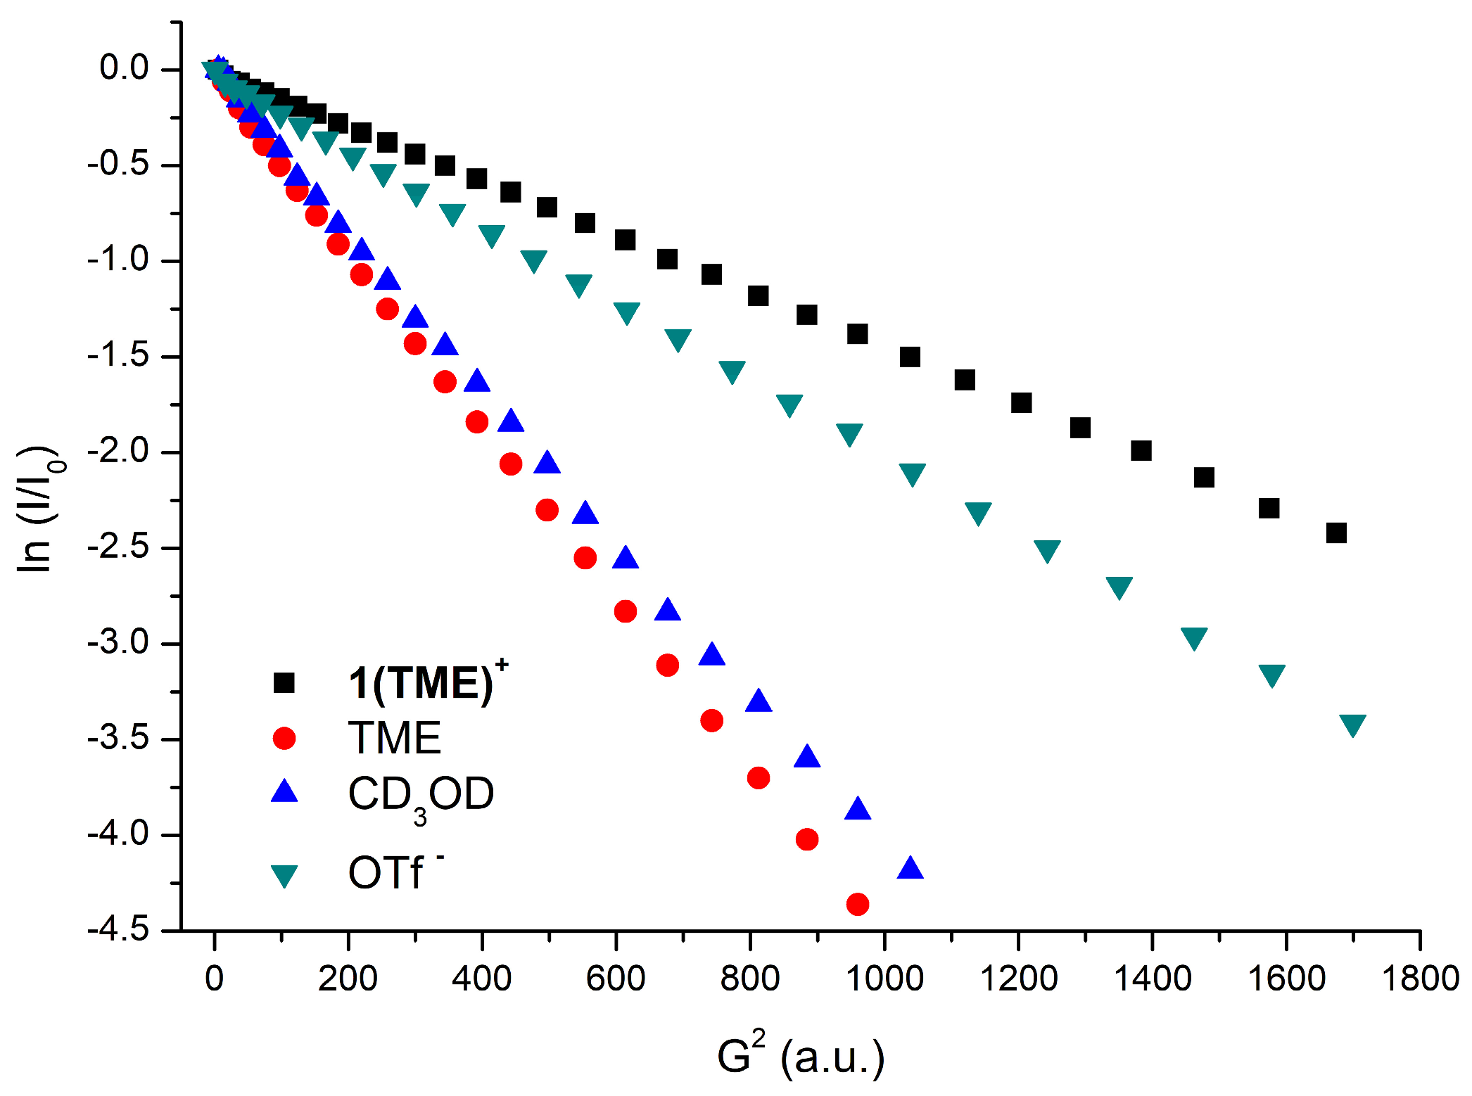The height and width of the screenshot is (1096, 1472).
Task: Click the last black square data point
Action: click(1335, 533)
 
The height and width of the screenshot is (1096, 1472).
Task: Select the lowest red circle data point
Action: click(857, 904)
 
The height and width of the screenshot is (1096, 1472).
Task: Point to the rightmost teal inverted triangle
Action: click(1352, 725)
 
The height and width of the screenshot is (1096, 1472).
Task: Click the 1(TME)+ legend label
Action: click(427, 682)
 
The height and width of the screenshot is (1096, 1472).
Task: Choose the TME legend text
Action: click(394, 738)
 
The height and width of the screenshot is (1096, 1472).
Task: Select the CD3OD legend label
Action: click(421, 795)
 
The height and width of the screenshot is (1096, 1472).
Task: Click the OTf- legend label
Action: click(394, 872)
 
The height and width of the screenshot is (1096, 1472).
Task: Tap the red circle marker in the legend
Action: click(284, 738)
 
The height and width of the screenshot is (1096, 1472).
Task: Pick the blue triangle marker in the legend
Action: click(284, 792)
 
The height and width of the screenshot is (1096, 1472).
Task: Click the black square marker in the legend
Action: click(284, 682)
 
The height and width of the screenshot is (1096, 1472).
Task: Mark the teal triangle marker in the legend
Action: click(284, 876)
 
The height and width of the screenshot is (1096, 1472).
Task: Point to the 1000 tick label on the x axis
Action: click(884, 979)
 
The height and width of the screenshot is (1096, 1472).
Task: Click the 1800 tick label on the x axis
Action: click(1420, 979)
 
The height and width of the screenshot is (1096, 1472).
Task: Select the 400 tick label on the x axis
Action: click(481, 979)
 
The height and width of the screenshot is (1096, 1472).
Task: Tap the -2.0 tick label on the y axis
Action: click(118, 451)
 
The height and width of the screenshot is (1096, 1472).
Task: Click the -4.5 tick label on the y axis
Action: click(118, 930)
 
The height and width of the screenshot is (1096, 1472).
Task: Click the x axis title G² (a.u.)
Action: click(800, 1055)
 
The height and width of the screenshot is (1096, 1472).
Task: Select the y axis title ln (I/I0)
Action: click(39, 509)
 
